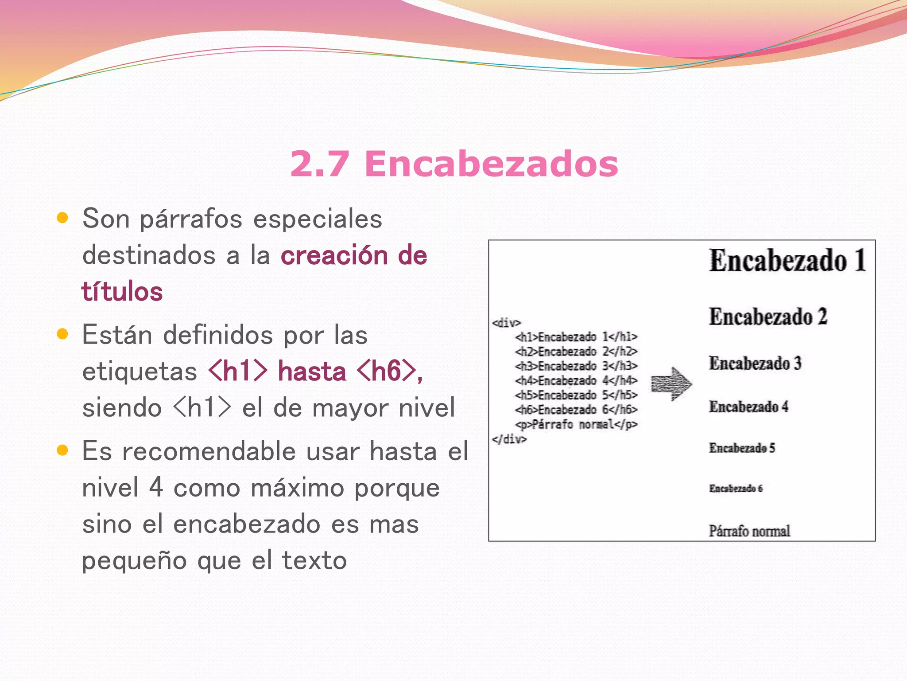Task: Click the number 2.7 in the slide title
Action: coord(319,164)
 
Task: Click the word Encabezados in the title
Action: coord(491,164)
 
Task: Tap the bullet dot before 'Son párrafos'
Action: coord(63,218)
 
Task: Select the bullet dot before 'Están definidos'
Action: coord(63,334)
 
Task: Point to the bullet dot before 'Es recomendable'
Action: coord(63,451)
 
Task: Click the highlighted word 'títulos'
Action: coord(122,292)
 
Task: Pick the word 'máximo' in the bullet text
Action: coord(297,488)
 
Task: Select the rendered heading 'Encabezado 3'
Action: coord(755,364)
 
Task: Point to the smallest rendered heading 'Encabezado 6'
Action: coord(736,489)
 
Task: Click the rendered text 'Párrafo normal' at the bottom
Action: coord(749,531)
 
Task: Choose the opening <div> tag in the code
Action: coord(506,323)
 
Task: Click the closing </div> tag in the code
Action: coord(509,439)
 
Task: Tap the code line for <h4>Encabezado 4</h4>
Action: coord(576,380)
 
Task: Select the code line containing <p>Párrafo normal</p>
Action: coord(576,424)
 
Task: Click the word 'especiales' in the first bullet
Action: coord(318,219)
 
